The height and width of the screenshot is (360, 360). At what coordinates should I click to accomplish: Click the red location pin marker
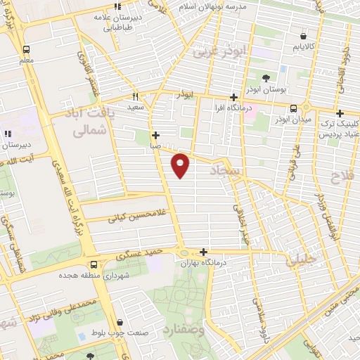pyautogui.click(x=181, y=164)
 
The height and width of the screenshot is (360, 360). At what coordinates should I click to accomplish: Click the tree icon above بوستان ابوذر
pyautogui.click(x=266, y=77)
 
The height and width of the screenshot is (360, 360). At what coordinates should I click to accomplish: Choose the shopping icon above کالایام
pyautogui.click(x=303, y=35)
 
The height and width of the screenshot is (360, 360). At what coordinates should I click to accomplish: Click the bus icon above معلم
pyautogui.click(x=26, y=50)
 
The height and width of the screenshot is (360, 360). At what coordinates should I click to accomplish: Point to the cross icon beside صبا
pyautogui.click(x=155, y=135)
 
